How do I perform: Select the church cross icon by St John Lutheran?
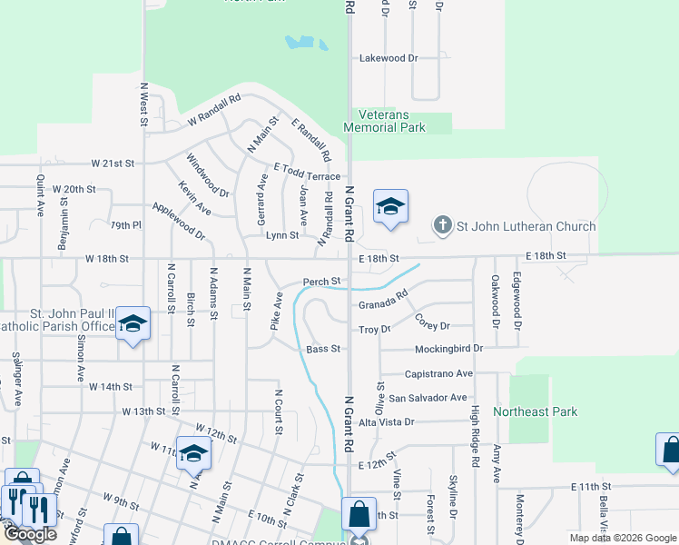click(x=442, y=226)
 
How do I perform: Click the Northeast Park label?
click(x=535, y=411)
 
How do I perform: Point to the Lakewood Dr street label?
click(x=388, y=58)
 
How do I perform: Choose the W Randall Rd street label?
click(x=213, y=108)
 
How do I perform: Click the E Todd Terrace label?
click(x=307, y=176)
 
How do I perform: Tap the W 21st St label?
click(x=112, y=163)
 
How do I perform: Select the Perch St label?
click(x=321, y=282)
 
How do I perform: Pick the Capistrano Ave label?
click(x=438, y=373)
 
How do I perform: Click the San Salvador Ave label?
click(x=428, y=398)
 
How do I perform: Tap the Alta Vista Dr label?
click(x=386, y=422)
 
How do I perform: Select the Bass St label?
click(x=323, y=349)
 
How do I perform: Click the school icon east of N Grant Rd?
click(x=390, y=207)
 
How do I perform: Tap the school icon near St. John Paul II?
click(x=133, y=325)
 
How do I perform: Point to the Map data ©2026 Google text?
click(x=623, y=538)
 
